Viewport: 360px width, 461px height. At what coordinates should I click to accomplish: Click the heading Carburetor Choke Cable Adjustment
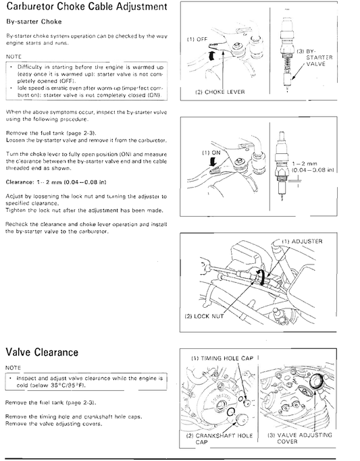click(86, 8)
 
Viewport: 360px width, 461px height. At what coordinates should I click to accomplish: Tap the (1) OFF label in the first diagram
click(197, 40)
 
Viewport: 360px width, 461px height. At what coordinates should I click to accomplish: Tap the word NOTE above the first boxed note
click(13, 57)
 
